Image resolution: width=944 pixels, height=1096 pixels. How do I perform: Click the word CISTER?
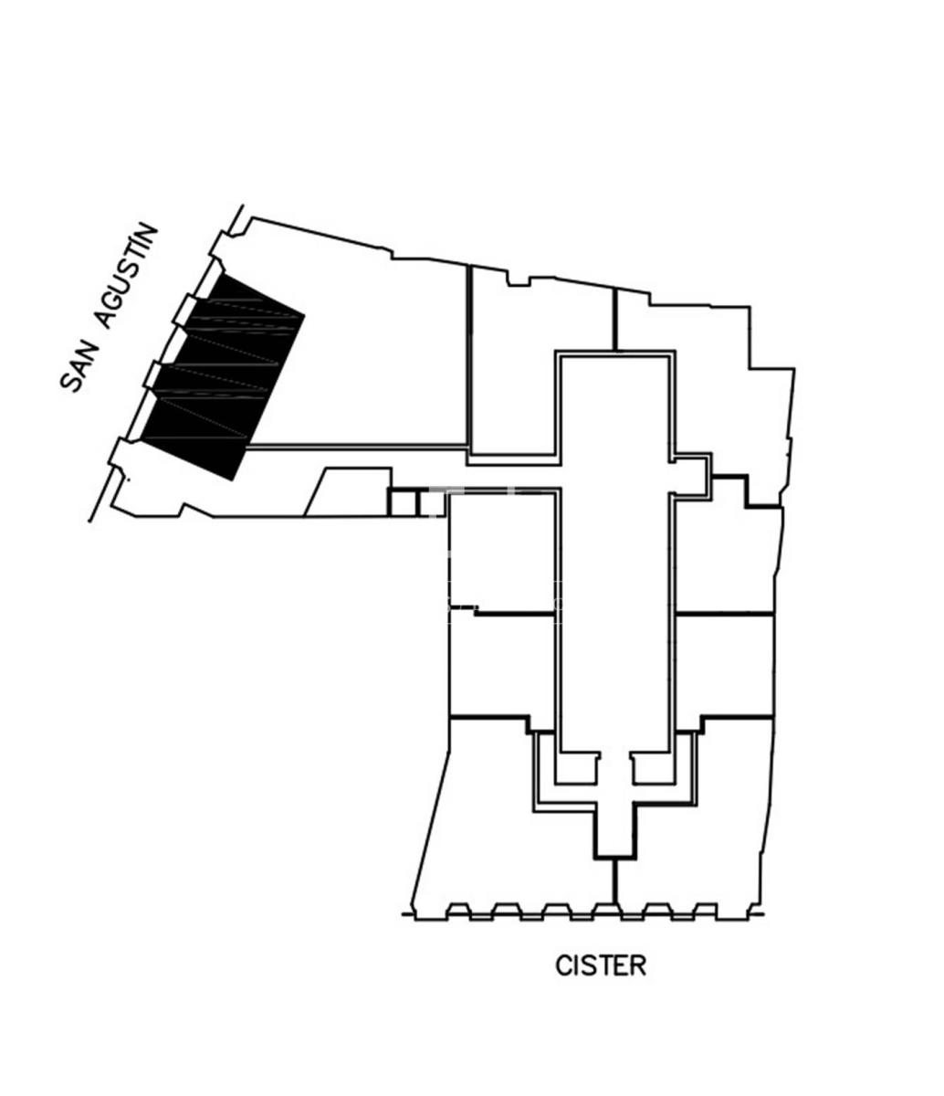[x=601, y=965]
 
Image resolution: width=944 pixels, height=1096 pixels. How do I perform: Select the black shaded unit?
[x=223, y=376]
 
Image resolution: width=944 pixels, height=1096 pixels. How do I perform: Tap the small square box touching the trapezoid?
[x=403, y=504]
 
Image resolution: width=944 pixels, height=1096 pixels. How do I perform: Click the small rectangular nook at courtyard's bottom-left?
[x=576, y=768]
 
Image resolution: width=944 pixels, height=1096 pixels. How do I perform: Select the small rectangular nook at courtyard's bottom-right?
[x=654, y=768]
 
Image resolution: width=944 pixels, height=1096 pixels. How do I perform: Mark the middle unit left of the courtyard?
[x=502, y=666]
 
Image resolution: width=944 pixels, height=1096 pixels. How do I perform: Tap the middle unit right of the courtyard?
[x=725, y=666]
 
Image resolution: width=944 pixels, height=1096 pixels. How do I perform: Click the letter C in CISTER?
[x=562, y=965]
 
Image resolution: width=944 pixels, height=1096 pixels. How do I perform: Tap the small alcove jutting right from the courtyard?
[x=691, y=475]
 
